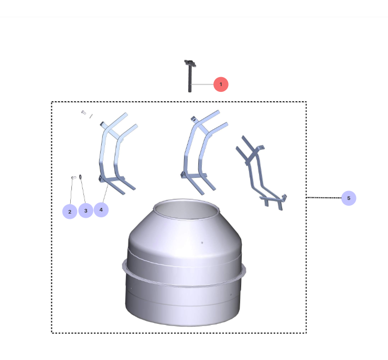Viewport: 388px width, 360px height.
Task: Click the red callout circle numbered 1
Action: pos(221,84)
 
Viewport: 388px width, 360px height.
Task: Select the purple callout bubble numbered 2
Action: pos(69,211)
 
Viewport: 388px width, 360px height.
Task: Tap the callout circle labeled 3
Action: pos(85,210)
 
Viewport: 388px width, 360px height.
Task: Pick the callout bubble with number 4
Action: pos(101,210)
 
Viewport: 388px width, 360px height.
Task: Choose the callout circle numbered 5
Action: pos(349,198)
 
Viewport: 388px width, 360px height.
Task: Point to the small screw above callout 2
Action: pos(73,178)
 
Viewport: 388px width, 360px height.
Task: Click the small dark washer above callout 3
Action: pos(81,177)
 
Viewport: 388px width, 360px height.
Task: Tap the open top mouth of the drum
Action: pos(186,210)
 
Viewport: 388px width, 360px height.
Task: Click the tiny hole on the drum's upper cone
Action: pos(202,242)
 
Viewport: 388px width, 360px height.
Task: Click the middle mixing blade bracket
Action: pos(202,152)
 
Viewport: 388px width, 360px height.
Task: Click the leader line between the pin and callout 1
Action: pos(202,84)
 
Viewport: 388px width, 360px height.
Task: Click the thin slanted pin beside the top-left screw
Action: pos(91,116)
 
